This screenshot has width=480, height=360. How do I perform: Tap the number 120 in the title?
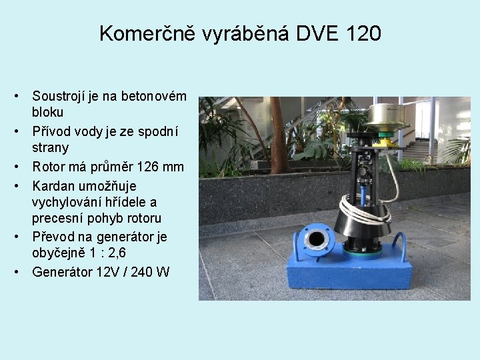click(x=364, y=33)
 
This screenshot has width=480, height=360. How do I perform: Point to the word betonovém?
click(x=154, y=97)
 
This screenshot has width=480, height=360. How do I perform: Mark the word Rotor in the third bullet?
click(x=49, y=166)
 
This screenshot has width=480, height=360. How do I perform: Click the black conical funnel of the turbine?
click(x=361, y=223)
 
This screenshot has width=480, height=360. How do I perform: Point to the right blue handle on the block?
click(x=400, y=245)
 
